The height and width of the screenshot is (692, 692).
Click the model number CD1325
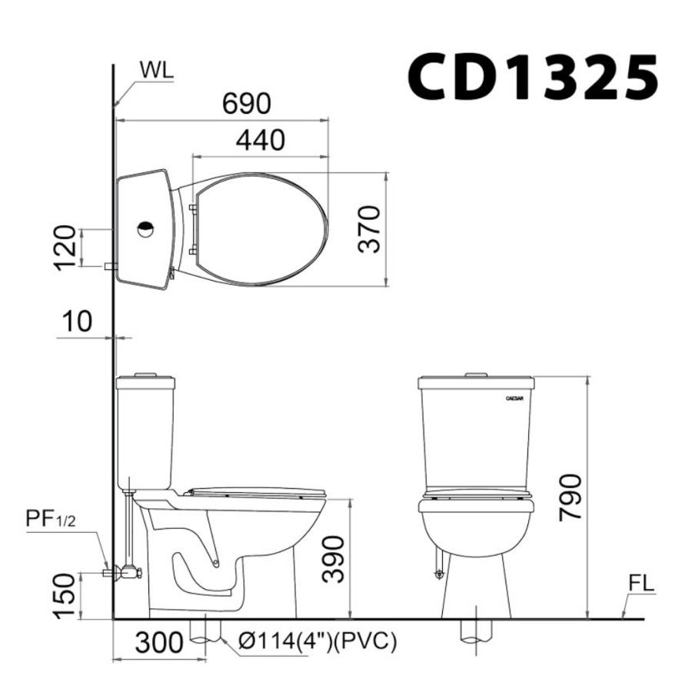[533, 78]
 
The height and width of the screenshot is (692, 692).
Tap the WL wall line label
[157, 70]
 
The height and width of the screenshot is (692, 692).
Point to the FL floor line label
[640, 584]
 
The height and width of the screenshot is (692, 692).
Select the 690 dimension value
[246, 103]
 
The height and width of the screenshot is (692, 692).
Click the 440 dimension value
[261, 141]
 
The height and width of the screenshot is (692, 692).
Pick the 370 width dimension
[369, 229]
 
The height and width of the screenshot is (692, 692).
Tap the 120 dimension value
[65, 247]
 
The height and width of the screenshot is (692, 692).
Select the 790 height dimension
[571, 497]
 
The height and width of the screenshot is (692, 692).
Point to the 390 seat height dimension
[333, 559]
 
